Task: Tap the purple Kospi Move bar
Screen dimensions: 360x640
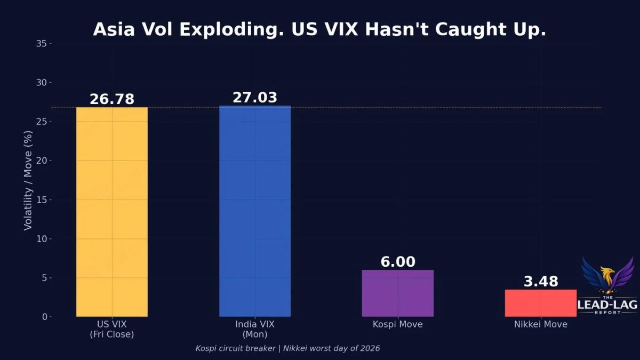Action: tap(398, 293)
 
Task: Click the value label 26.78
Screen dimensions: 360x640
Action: tap(112, 99)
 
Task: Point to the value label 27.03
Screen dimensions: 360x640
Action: tap(255, 98)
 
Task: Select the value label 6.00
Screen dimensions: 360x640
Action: tap(398, 262)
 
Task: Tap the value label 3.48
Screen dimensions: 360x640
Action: tap(541, 282)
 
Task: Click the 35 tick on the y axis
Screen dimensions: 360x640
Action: tap(42, 43)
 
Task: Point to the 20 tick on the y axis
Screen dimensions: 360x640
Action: tap(42, 161)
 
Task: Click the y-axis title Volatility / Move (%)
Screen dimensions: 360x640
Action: tap(28, 180)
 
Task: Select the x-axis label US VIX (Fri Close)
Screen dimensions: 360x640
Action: tap(112, 329)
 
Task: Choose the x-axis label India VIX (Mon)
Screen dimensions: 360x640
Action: tap(255, 329)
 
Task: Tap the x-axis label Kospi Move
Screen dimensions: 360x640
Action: tap(398, 324)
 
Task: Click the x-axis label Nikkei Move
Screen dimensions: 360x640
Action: tap(541, 324)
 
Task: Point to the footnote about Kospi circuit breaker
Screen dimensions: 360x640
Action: tap(287, 348)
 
